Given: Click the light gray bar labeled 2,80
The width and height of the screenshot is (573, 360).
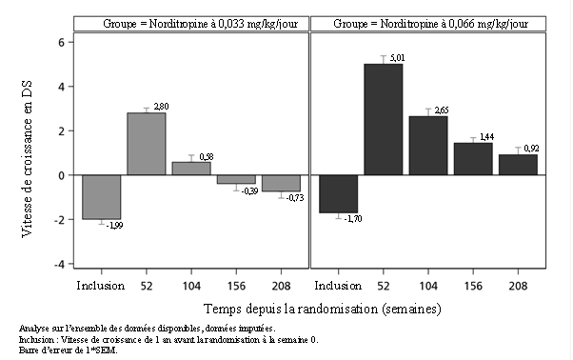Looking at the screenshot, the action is point(147,144).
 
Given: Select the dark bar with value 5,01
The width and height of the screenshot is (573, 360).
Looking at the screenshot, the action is point(384,119).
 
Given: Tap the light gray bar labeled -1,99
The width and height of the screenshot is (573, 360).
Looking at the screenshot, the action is point(102,197).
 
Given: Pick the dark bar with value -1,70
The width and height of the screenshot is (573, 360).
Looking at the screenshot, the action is point(339,193).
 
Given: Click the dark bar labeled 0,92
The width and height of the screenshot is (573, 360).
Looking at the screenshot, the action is point(518,165).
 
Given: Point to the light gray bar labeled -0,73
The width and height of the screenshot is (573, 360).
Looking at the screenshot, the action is point(282,183).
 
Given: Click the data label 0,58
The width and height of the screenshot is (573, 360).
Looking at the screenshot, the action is point(207,157).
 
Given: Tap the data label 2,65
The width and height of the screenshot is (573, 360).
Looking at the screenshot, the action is point(442,110).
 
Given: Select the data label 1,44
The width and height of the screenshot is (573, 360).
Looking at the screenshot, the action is point(486,137).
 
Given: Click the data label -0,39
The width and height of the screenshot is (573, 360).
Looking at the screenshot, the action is point(250,191).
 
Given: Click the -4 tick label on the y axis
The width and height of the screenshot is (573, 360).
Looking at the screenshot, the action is point(58,264).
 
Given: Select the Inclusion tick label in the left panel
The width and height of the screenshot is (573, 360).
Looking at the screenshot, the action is point(101,286).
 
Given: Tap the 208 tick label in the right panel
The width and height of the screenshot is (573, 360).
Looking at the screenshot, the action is point(518,286).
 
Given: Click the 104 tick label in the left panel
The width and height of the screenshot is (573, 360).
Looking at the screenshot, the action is point(191,286).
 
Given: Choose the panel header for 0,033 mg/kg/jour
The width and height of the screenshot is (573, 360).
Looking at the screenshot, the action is point(200,24).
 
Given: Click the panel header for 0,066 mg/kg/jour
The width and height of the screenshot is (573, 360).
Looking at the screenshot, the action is point(430,24).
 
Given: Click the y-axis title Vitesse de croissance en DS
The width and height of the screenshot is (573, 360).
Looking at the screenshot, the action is point(27,159).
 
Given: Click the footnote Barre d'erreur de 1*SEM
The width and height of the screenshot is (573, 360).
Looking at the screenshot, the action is point(69,350).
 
